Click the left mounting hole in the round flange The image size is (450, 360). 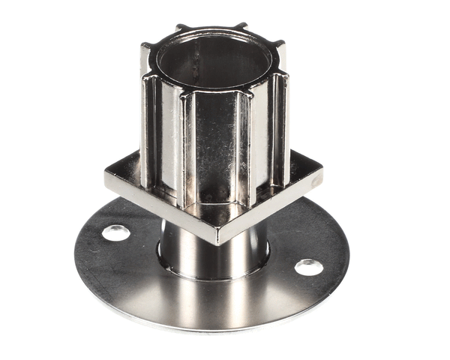[x=115, y=232]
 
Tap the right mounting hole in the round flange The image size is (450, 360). [x=308, y=267]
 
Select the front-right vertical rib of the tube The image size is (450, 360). [x=246, y=146]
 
